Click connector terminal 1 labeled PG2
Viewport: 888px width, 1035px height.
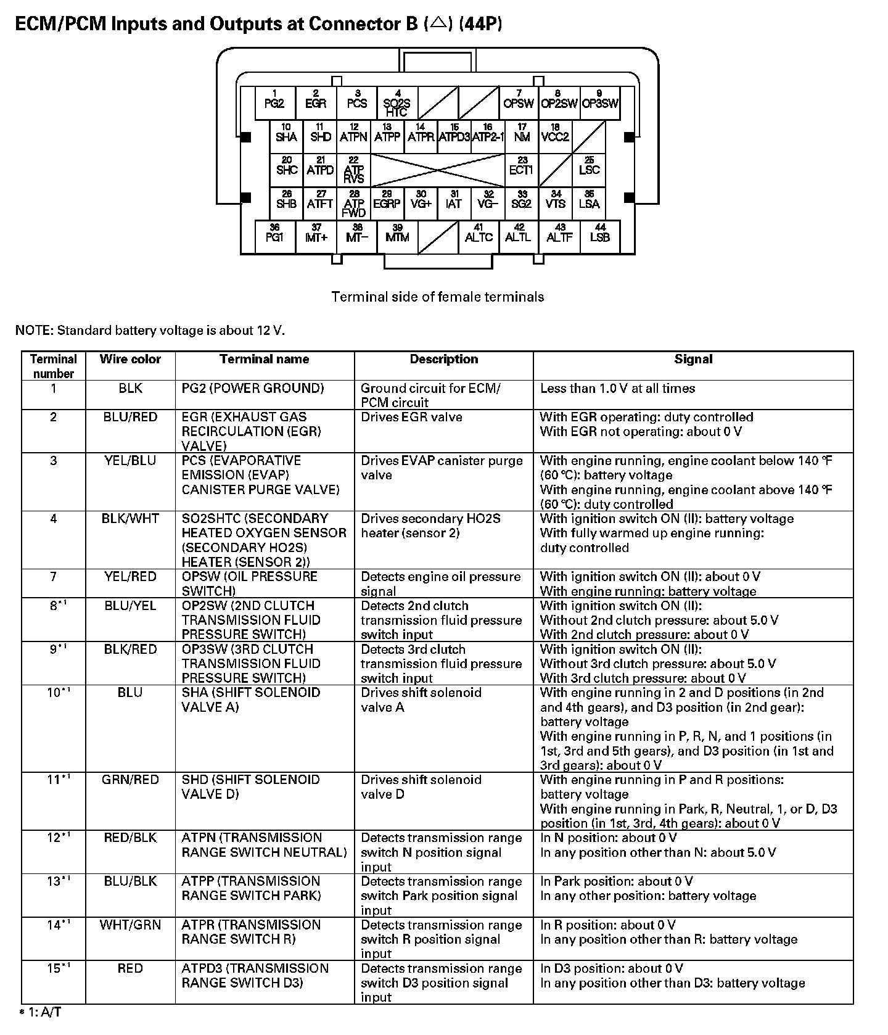click(x=274, y=102)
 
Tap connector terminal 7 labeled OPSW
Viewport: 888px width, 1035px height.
click(x=518, y=102)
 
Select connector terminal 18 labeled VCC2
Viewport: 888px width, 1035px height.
click(x=555, y=136)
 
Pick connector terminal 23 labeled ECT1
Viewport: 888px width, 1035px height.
click(x=521, y=170)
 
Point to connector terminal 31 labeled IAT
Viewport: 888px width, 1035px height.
click(x=454, y=203)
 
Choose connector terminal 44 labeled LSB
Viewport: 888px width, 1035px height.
click(x=599, y=236)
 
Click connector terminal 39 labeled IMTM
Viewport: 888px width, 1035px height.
click(x=397, y=236)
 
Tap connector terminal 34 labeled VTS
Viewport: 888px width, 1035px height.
click(x=556, y=203)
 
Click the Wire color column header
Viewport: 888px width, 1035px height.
click(x=130, y=360)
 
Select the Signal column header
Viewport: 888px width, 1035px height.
click(x=693, y=360)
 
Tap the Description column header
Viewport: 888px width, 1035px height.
click(x=443, y=360)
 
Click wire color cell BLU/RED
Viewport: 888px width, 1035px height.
click(x=130, y=418)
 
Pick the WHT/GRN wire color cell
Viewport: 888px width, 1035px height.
click(x=130, y=925)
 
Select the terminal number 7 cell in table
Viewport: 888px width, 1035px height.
click(x=54, y=577)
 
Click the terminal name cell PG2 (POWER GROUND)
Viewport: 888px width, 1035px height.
click(x=253, y=389)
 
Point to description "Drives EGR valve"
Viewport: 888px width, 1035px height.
click(x=411, y=418)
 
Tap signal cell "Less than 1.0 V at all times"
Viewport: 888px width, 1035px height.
click(x=617, y=389)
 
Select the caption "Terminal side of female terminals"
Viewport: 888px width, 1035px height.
click(x=438, y=297)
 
